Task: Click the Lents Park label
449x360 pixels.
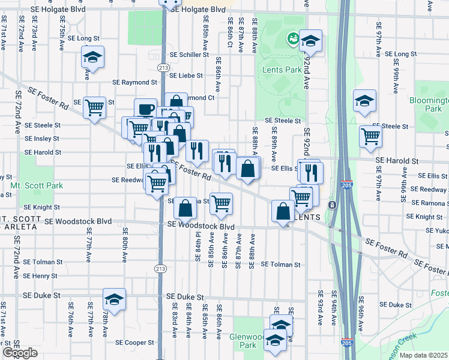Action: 282,70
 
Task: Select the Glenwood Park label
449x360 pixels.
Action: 247,341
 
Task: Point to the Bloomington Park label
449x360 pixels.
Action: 429,105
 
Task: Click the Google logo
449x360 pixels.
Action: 20,353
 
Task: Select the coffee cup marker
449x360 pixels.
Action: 145,109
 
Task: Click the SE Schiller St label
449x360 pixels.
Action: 189,55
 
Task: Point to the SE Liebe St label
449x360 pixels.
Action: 187,76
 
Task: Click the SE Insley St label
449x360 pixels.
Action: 42,138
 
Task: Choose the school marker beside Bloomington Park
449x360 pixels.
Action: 364,102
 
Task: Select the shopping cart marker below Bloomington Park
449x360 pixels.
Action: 370,136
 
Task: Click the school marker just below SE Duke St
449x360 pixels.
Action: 113,299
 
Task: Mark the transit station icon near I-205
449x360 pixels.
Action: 332,205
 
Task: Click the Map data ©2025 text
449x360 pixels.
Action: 423,355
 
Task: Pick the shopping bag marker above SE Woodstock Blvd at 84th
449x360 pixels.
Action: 186,208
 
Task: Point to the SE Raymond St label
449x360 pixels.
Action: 135,82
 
